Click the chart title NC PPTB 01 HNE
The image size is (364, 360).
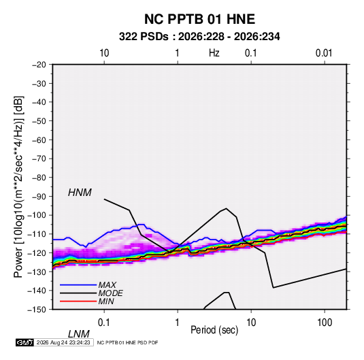(199, 19)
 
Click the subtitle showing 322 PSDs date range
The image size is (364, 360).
(199, 37)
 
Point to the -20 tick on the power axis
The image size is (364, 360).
(39, 65)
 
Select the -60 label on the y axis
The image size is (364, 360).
(39, 140)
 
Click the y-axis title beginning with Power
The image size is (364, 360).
(18, 187)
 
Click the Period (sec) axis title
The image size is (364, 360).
(214, 330)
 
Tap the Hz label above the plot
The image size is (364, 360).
(214, 53)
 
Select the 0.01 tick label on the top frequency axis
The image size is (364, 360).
(324, 53)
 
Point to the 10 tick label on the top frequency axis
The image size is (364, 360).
(104, 53)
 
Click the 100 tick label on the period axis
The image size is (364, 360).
(325, 323)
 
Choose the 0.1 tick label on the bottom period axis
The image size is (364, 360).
(104, 323)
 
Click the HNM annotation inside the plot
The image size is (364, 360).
(80, 193)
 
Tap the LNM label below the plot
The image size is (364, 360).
(78, 334)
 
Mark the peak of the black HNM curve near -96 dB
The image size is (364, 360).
(226, 208)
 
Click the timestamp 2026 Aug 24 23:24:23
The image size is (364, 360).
(63, 342)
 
